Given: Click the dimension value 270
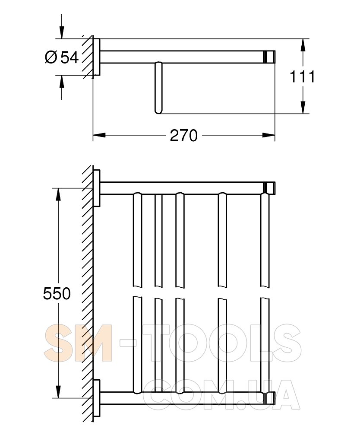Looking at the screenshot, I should tap(183, 136).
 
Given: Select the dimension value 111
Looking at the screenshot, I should tap(302, 77).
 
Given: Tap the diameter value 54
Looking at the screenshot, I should tap(69, 57).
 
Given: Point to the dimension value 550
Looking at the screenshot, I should tap(57, 294).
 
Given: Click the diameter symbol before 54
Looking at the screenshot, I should tap(51, 57).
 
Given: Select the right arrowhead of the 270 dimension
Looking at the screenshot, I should tap(269, 136).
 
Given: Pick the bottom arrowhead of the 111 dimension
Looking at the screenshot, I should tap(303, 108).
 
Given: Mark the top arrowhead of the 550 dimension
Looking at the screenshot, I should tap(58, 194).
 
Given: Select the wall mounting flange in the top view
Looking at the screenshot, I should tap(97, 57).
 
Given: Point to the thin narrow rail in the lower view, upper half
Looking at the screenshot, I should tap(158, 240).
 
